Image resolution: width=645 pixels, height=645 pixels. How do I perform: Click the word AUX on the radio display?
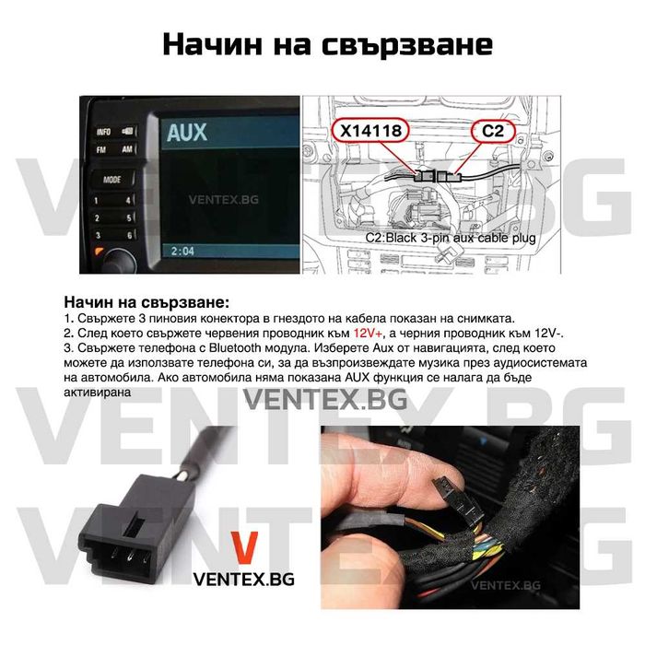(x=187, y=134)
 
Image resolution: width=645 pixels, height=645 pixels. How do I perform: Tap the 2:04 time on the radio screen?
(x=182, y=251)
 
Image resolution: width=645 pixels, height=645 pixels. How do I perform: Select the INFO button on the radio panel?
(x=103, y=132)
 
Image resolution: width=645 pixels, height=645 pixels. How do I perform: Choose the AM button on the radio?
(x=126, y=149)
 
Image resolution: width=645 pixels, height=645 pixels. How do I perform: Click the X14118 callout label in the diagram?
(x=370, y=132)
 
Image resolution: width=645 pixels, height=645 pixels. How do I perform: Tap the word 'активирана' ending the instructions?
(x=97, y=391)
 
